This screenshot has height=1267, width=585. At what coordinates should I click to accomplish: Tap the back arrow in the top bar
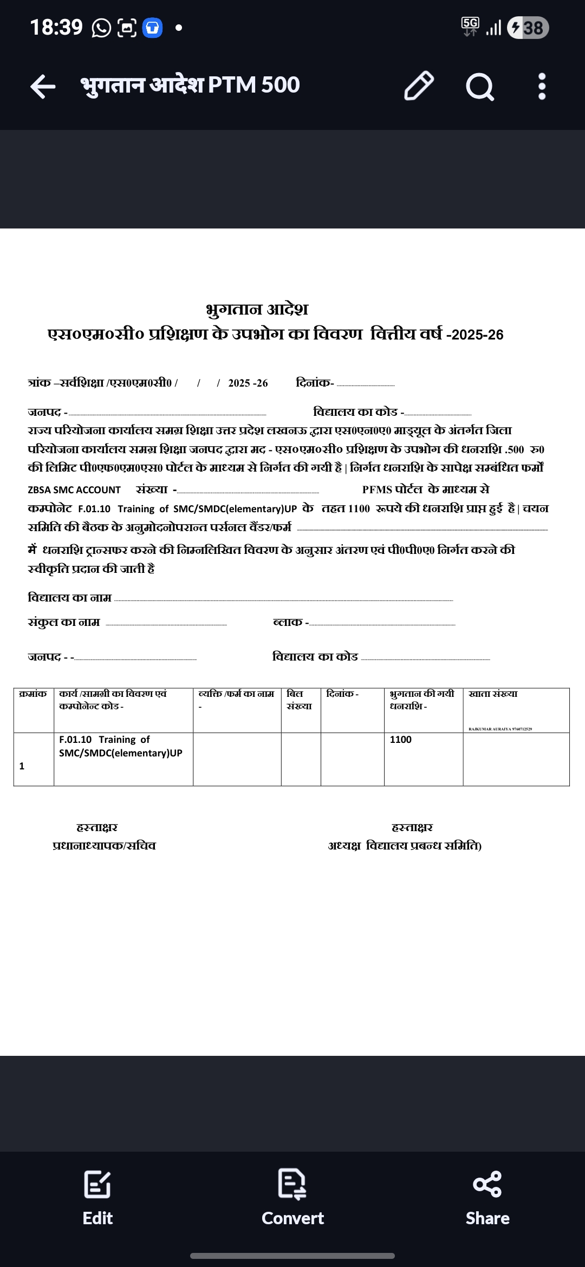click(43, 86)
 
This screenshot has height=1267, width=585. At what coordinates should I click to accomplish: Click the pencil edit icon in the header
click(419, 86)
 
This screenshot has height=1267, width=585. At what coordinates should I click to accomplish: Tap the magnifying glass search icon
click(479, 86)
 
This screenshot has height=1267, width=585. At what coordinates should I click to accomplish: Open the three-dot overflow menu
click(542, 86)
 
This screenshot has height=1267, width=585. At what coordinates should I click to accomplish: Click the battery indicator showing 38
click(528, 28)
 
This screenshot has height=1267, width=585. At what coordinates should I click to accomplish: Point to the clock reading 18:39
click(56, 27)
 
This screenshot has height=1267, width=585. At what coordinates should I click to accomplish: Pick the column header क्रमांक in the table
click(33, 694)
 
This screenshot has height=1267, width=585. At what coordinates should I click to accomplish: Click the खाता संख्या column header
click(493, 694)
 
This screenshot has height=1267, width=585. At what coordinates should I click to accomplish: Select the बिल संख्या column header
click(299, 700)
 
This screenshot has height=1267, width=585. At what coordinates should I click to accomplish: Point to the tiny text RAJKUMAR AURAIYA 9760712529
click(500, 729)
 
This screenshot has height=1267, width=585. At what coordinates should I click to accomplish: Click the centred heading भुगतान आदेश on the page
click(257, 310)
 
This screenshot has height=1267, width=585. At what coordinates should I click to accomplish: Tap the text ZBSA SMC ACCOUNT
click(74, 490)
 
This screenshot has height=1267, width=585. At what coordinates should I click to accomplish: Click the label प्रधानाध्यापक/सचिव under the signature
click(104, 846)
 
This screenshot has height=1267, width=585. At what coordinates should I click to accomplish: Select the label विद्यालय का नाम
click(69, 598)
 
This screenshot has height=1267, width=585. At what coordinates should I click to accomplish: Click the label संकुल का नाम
click(64, 622)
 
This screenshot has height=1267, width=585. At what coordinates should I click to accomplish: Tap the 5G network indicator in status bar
click(470, 26)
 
